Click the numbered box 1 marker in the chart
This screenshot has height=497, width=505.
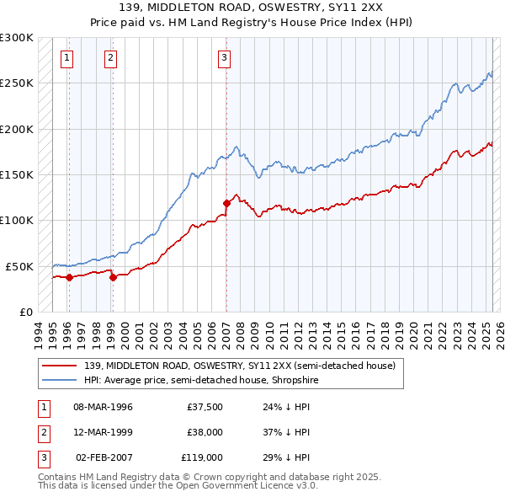(x=66, y=58)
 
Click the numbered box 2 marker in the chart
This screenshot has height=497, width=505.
(x=110, y=58)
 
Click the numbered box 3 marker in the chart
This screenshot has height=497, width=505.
(x=225, y=58)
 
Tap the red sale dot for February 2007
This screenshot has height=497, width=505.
(x=226, y=203)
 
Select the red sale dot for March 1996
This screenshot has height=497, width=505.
(x=69, y=277)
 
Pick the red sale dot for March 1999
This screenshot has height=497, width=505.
(x=113, y=277)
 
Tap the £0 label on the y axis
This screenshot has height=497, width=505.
(x=24, y=312)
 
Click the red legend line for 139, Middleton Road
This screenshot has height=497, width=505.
(x=59, y=366)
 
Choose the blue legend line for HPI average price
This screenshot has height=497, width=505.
(x=59, y=380)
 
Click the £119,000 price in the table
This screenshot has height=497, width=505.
(x=201, y=458)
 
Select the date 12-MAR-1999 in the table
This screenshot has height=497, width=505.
(x=103, y=432)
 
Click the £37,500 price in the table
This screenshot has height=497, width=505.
(x=205, y=407)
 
